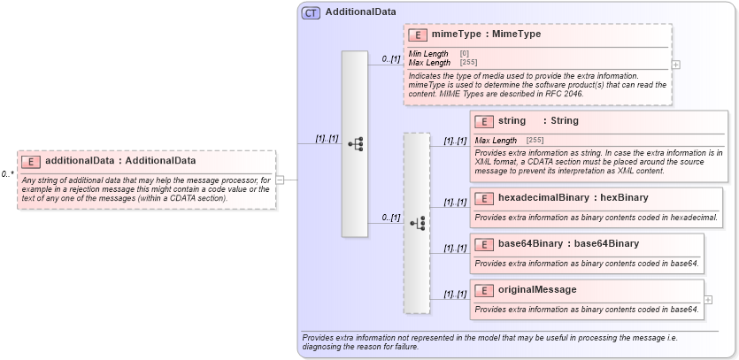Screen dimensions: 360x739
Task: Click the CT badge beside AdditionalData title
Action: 311,13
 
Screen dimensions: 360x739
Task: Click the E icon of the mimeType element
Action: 418,34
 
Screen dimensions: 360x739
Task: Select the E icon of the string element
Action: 484,121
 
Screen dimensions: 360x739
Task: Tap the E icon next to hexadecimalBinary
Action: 484,198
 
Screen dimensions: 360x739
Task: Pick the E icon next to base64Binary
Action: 484,244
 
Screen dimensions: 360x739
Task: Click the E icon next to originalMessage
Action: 484,290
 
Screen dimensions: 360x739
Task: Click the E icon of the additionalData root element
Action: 31,161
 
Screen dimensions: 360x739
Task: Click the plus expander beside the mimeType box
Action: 676,65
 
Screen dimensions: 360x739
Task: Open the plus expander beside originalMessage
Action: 708,300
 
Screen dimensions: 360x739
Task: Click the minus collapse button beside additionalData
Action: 280,179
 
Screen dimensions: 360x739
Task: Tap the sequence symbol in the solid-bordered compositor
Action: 355,143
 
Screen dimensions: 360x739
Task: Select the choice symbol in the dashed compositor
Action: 417,223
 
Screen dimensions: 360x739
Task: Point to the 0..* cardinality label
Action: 8,174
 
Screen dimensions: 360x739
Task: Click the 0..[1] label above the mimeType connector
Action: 391,59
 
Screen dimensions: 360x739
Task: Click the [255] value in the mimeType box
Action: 468,63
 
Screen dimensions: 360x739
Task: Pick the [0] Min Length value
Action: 465,54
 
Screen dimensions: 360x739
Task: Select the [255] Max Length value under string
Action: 535,141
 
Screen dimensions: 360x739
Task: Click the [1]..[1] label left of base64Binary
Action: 455,248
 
